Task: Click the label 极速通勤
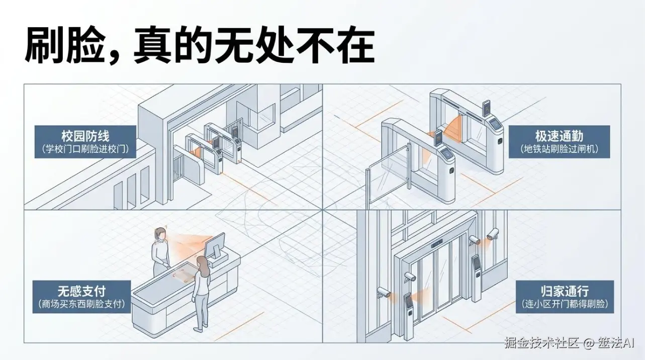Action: (x=559, y=136)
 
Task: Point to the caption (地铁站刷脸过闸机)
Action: (x=559, y=149)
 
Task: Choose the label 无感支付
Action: (x=81, y=291)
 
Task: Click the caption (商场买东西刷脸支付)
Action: (x=81, y=304)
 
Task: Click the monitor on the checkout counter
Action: (x=214, y=247)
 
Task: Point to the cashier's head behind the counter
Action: (x=160, y=234)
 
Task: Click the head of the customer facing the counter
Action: (x=202, y=262)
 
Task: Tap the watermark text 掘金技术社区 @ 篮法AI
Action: (x=569, y=343)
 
